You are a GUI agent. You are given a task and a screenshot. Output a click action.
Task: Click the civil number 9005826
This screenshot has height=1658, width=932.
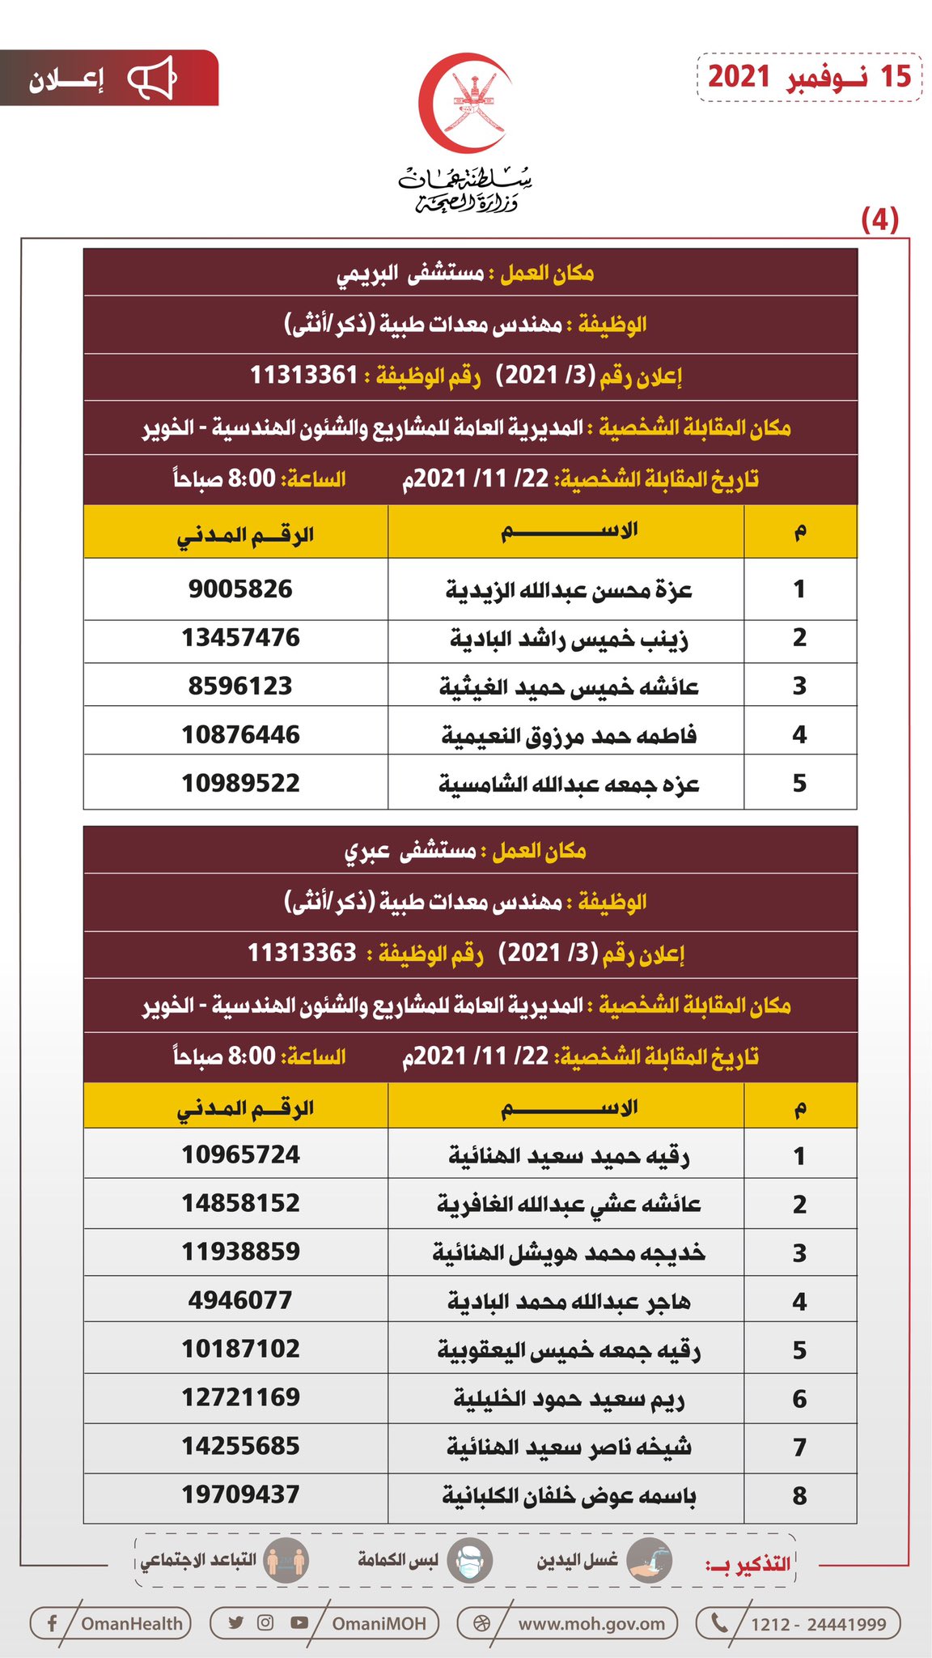click(240, 589)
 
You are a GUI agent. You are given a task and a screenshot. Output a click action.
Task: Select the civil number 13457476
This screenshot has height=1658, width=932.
click(240, 638)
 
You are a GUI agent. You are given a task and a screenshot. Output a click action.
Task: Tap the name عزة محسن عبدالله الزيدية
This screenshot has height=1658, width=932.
click(569, 590)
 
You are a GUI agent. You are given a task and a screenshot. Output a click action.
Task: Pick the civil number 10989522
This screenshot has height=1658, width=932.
click(240, 784)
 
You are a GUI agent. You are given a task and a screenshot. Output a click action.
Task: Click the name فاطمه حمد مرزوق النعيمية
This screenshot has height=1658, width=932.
click(569, 736)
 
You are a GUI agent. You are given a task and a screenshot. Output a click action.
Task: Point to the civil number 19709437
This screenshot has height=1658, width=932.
click(240, 1494)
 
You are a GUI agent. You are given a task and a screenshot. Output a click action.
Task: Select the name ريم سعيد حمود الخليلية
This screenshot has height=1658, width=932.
click(569, 1399)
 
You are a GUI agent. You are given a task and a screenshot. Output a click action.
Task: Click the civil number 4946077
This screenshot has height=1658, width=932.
click(240, 1301)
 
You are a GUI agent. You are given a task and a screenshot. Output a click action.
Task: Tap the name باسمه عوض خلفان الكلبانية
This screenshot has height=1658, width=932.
click(569, 1496)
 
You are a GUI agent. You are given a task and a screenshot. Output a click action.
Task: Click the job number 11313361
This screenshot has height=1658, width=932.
click(303, 376)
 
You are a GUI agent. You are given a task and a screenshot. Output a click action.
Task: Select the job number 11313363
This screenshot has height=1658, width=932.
click(302, 953)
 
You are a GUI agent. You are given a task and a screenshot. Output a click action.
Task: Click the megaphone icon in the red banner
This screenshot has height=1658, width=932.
click(152, 79)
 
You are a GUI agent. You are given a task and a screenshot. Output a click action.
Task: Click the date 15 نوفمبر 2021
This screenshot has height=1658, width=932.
click(809, 77)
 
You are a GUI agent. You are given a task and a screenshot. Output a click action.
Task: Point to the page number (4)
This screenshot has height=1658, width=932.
click(879, 219)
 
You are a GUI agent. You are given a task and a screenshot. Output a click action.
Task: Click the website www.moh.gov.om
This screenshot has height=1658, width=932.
click(591, 1623)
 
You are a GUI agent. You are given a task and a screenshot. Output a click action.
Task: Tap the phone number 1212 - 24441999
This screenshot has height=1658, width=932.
click(818, 1623)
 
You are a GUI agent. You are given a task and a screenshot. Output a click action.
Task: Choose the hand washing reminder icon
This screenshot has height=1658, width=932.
click(650, 1561)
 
